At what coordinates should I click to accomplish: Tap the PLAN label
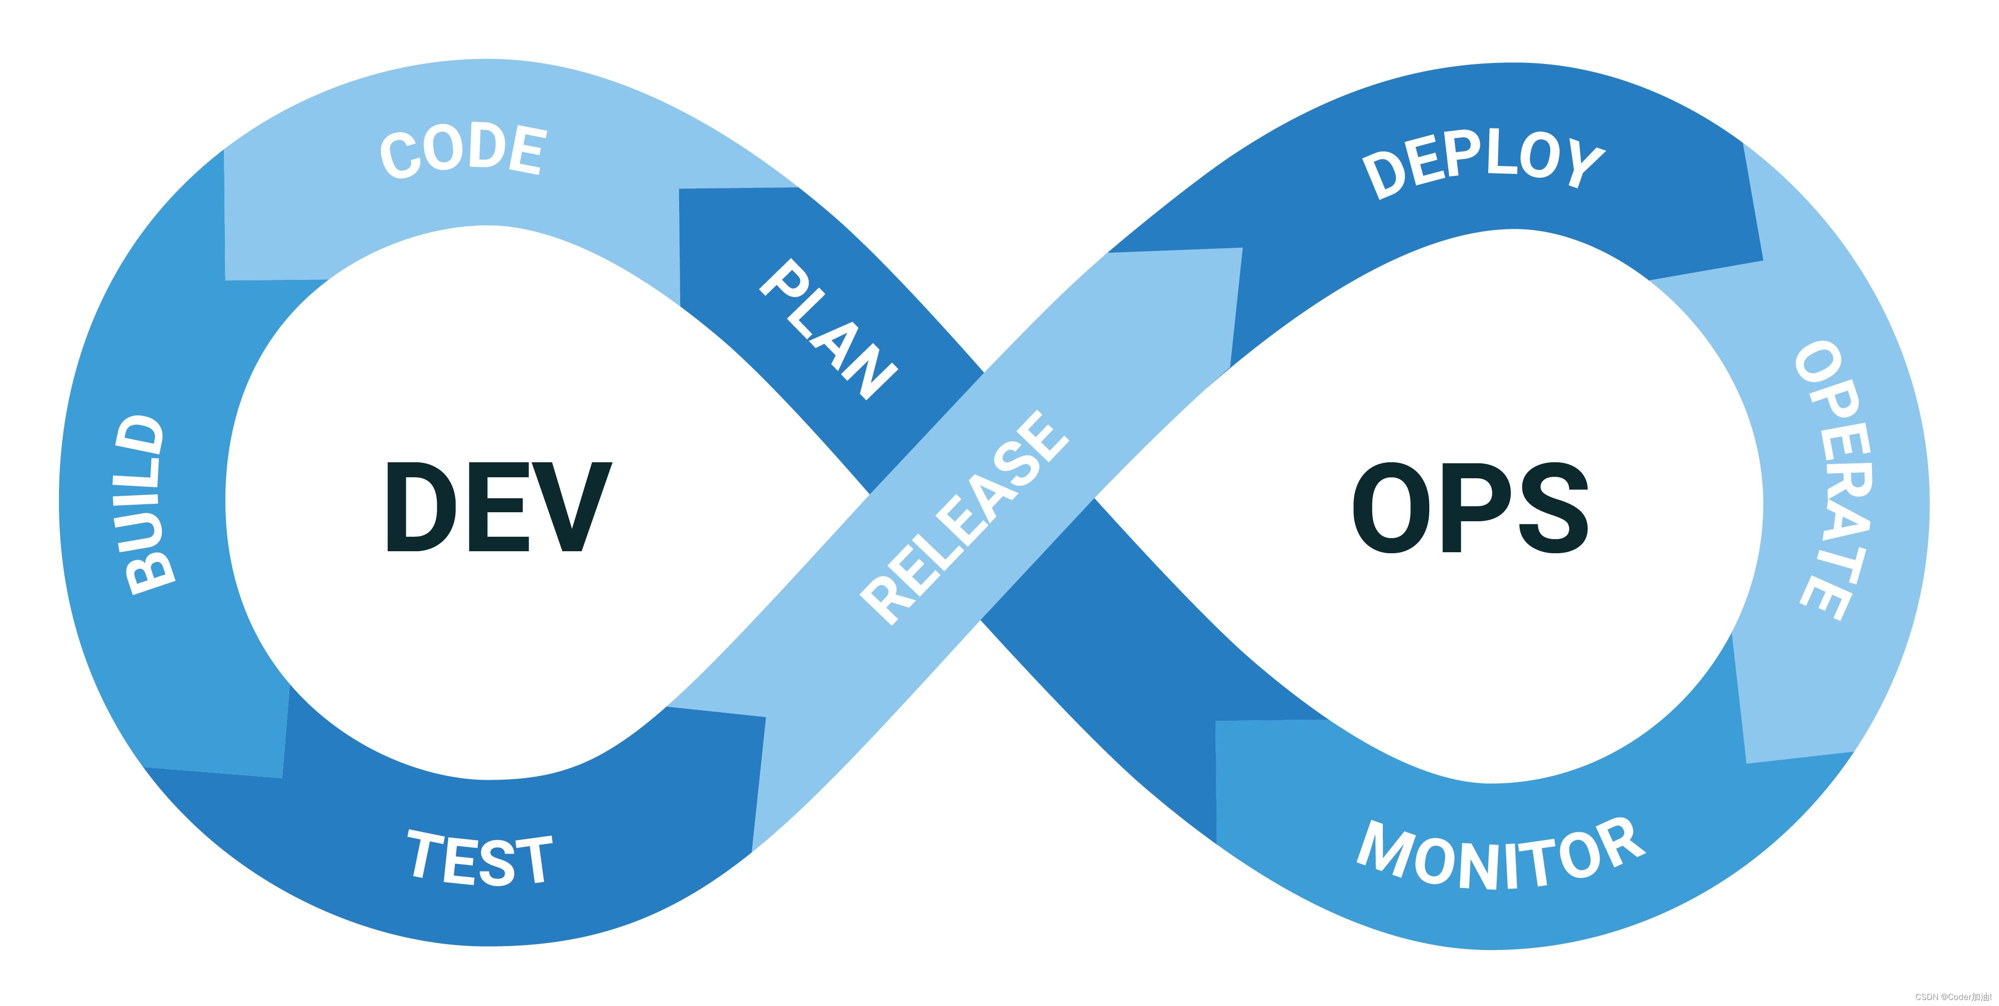[x=829, y=329]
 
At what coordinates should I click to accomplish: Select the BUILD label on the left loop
[x=144, y=505]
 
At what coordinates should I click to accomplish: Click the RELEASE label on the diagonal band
[x=965, y=518]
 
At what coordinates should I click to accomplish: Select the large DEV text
[x=498, y=507]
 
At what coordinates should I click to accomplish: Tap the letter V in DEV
[x=570, y=507]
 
